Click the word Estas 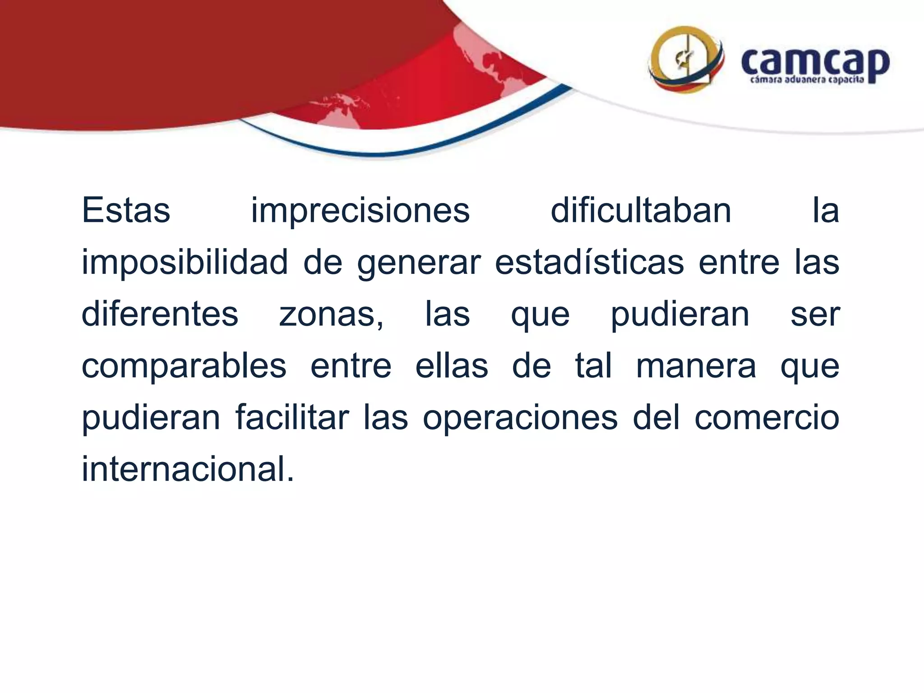coord(126,210)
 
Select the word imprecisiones coord(360,210)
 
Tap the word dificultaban coord(641,210)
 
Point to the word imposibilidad coord(185,263)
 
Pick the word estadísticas coord(589,262)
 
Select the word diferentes coord(160,314)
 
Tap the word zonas coord(331,315)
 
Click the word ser coord(815,315)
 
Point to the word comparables coord(184,366)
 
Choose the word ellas coord(452,365)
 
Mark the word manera coord(696,366)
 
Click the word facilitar coord(292,417)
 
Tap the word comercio coord(767,417)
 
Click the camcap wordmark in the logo coord(815,63)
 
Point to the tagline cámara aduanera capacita coord(807,80)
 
